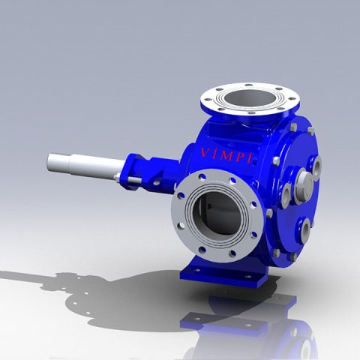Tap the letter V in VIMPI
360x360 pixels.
click(204, 154)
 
